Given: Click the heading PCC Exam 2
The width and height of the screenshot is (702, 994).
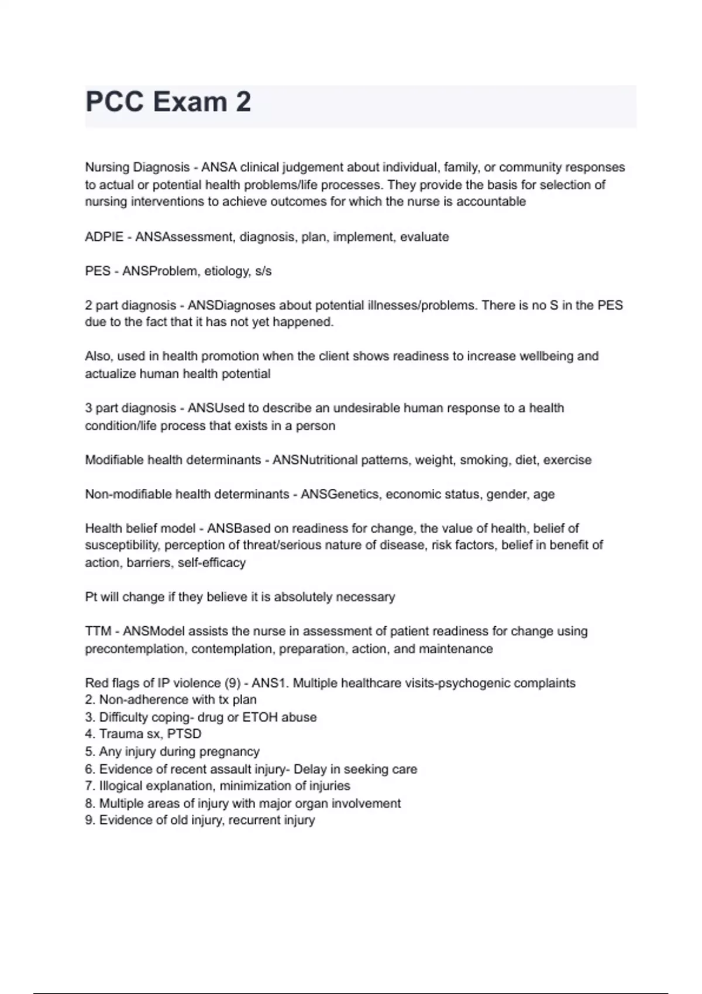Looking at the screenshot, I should point(168,102).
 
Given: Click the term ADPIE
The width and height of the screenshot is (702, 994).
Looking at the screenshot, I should point(104,237).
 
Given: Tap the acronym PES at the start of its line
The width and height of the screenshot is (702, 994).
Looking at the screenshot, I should point(97,271).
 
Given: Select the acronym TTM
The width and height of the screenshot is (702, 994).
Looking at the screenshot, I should point(98,631).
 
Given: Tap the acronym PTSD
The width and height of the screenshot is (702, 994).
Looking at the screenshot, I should point(184,734).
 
